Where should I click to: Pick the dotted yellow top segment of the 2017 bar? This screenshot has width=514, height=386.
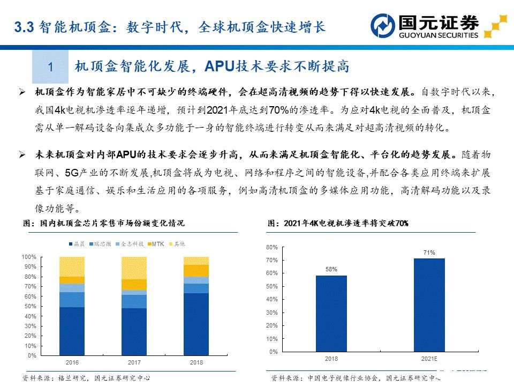pyautogui.click(x=134, y=268)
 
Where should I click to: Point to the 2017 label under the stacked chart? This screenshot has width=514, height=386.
pyautogui.click(x=134, y=363)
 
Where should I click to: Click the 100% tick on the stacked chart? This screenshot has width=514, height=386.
pyautogui.click(x=29, y=257)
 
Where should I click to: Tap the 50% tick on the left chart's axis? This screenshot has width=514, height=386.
pyautogui.click(x=30, y=306)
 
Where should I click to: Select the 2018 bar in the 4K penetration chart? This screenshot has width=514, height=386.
pyautogui.click(x=331, y=313)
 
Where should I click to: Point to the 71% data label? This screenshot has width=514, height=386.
pyautogui.click(x=429, y=252)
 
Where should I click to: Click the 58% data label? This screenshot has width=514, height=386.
pyautogui.click(x=331, y=269)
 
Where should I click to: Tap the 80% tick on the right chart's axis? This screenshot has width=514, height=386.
pyautogui.click(x=271, y=247)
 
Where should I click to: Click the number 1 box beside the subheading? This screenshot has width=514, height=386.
pyautogui.click(x=50, y=67)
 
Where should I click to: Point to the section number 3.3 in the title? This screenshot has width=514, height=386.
pyautogui.click(x=24, y=27)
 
